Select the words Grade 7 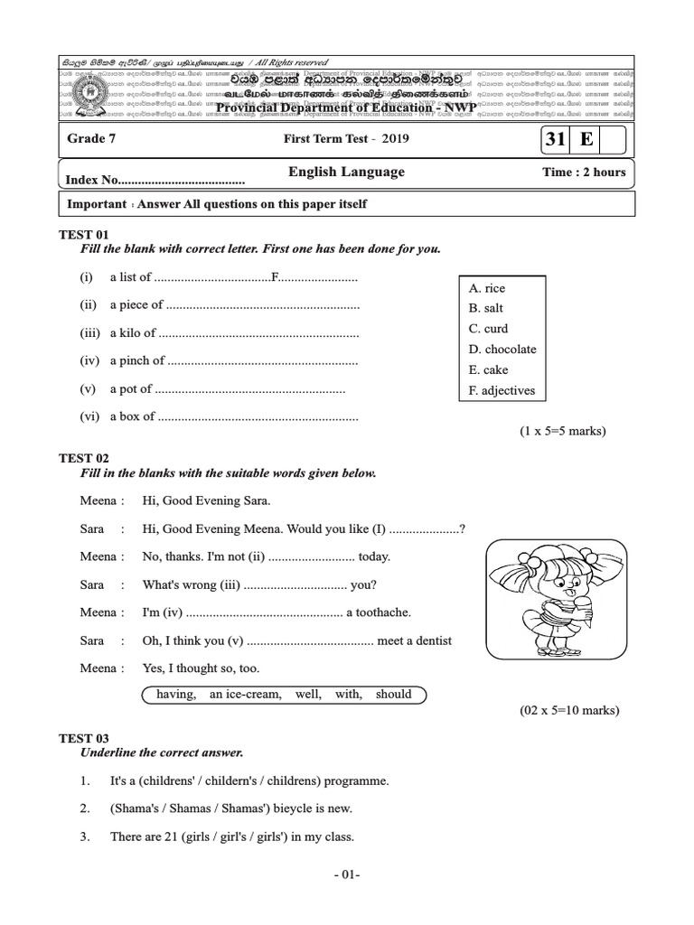91,139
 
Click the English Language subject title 346,172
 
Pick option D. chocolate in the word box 502,350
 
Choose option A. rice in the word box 487,288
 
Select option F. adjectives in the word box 502,391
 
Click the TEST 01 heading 83,234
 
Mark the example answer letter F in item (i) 275,277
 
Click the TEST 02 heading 83,459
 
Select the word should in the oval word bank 393,695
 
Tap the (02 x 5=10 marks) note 568,711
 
